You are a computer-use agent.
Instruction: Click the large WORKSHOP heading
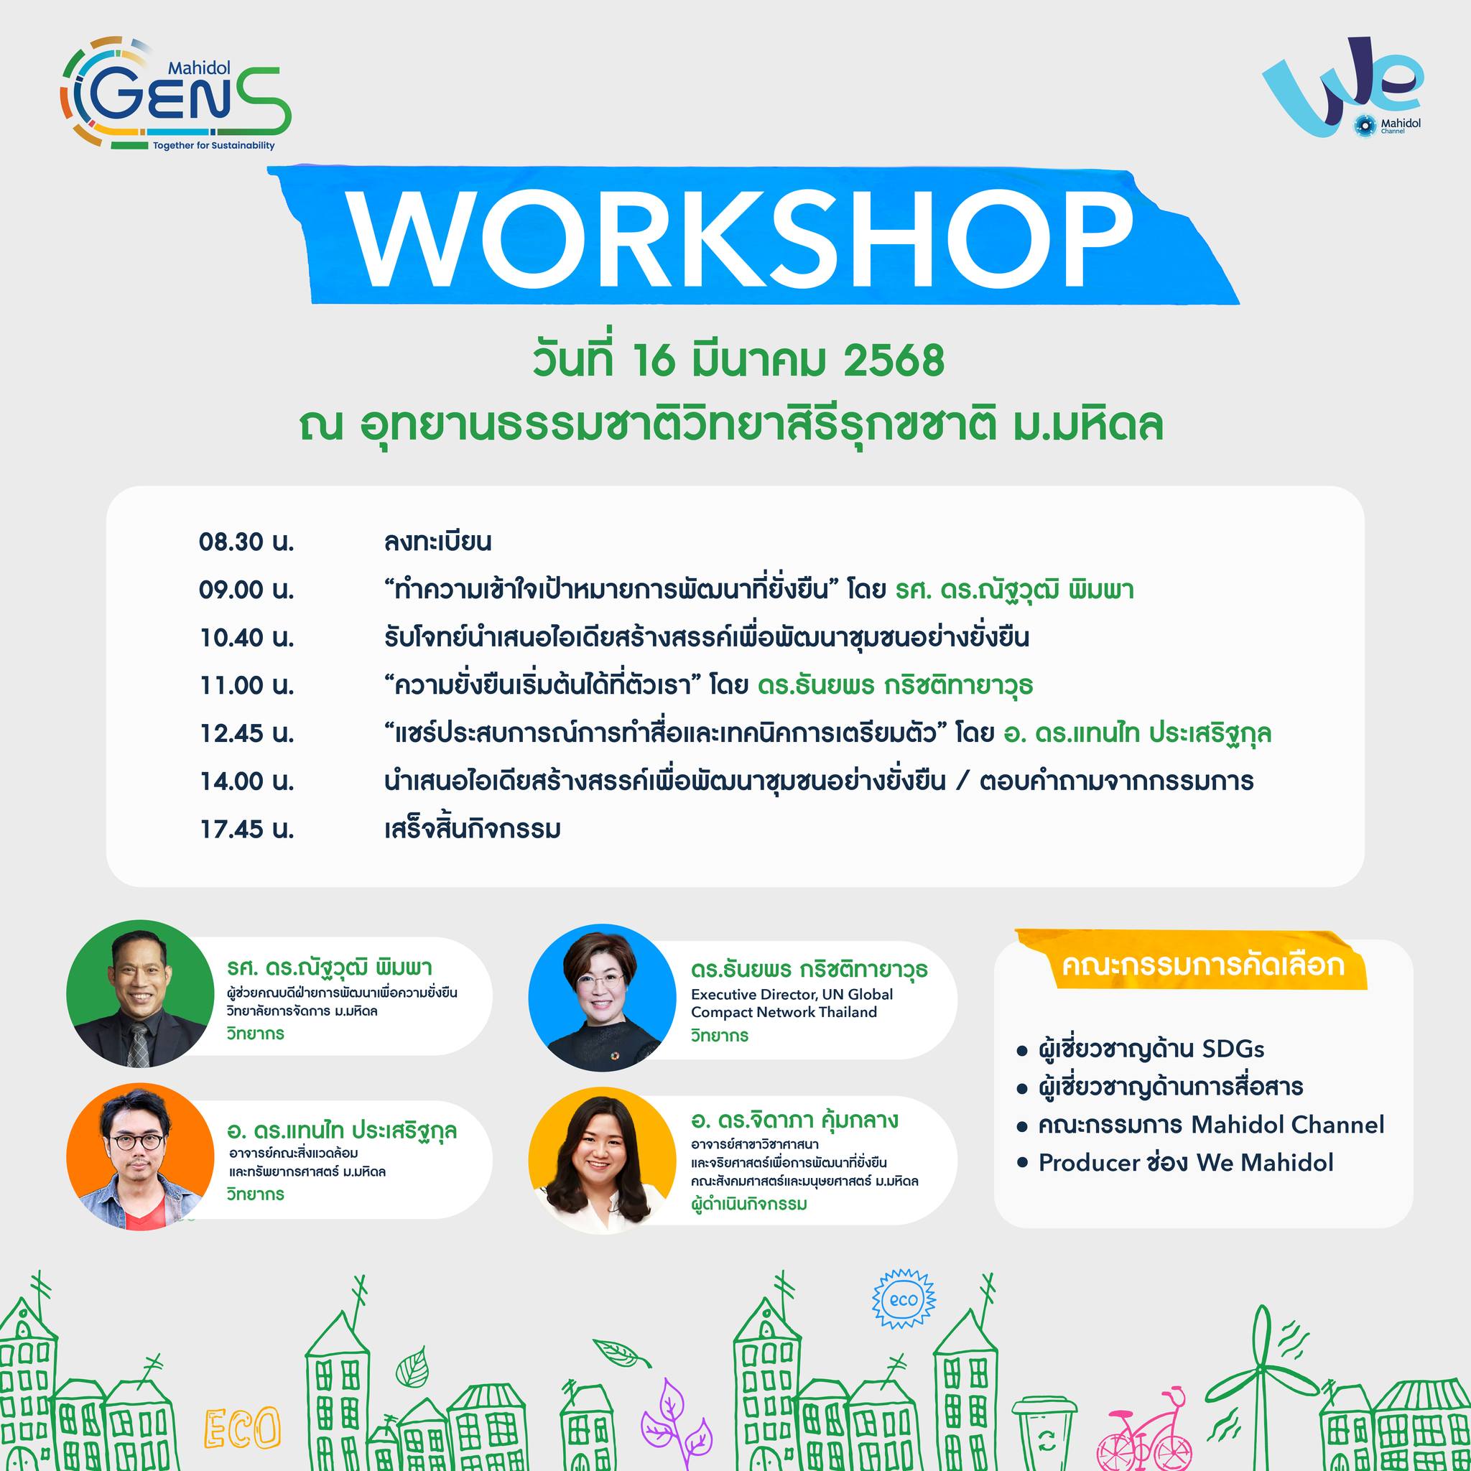click(743, 238)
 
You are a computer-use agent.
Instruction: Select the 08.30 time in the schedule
click(246, 542)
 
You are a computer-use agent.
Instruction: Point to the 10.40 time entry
click(246, 638)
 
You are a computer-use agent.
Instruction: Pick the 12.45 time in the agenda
click(246, 733)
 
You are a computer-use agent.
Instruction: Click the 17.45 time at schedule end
click(246, 829)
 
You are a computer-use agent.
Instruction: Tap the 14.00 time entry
click(246, 781)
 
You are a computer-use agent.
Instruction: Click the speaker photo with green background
click(140, 993)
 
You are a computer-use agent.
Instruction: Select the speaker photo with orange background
click(140, 1156)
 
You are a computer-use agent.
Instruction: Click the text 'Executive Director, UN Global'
click(792, 994)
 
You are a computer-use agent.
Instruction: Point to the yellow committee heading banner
click(1191, 961)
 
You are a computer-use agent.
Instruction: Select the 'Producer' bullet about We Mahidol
click(1176, 1163)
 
